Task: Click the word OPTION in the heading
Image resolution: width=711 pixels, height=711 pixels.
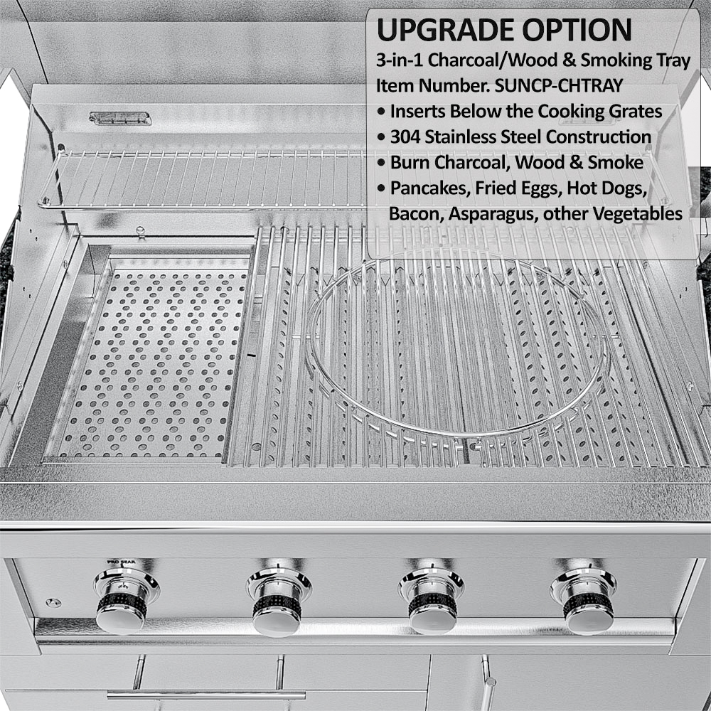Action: point(577,30)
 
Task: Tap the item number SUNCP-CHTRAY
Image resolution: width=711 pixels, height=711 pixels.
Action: point(559,86)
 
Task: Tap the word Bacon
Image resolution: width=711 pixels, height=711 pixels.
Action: point(415,214)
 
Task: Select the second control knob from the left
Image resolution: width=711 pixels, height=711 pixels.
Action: point(278,604)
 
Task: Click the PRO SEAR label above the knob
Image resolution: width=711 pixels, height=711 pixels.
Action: point(121,562)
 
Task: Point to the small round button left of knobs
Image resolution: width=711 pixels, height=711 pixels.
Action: point(53,603)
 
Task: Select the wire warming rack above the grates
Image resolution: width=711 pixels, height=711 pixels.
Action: point(204,178)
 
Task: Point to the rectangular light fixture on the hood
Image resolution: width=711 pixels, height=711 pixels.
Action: point(120,119)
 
